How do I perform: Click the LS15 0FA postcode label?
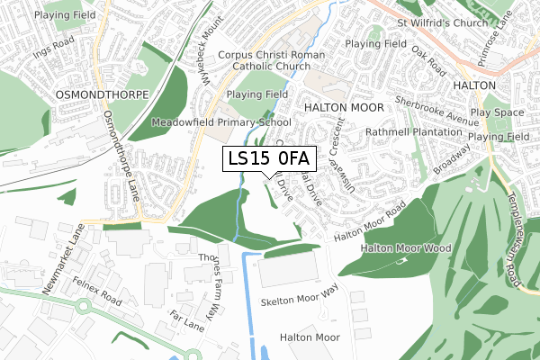pos(269,159)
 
